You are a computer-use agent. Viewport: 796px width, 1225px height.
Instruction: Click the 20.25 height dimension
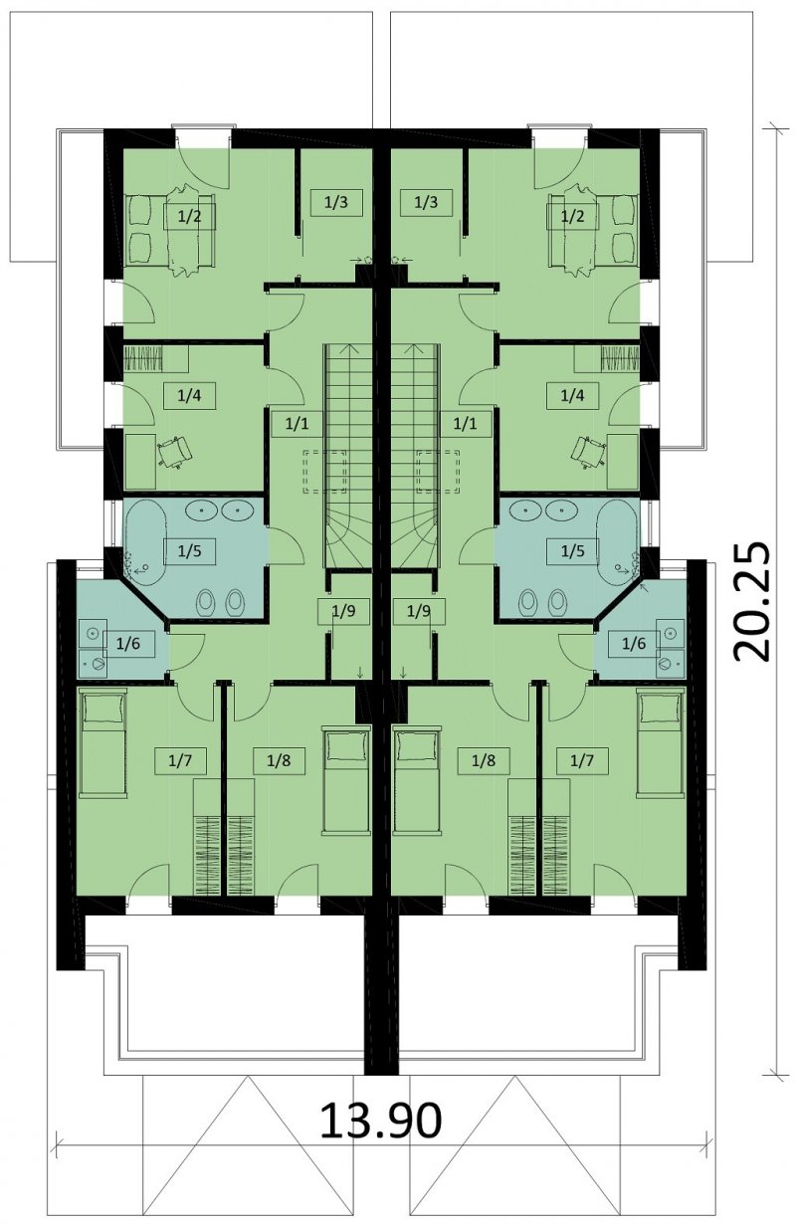point(750,602)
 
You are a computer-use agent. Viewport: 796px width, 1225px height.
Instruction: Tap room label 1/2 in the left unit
point(190,216)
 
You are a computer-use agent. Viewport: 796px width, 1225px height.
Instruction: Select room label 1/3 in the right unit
point(427,202)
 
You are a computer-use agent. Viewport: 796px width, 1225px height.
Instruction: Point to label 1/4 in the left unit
point(189,395)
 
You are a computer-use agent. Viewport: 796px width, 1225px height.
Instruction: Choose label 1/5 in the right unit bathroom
point(572,550)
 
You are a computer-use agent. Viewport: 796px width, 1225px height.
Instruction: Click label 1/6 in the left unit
point(128,643)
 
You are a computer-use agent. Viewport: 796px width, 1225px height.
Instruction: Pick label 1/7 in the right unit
point(582,760)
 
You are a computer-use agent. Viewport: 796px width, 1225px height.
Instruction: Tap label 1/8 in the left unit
point(279,760)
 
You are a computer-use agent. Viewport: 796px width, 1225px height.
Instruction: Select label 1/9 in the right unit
point(419,610)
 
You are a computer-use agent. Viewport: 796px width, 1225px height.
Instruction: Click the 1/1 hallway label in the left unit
point(297,423)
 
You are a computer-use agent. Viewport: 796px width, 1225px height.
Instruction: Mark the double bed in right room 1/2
point(593,230)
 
